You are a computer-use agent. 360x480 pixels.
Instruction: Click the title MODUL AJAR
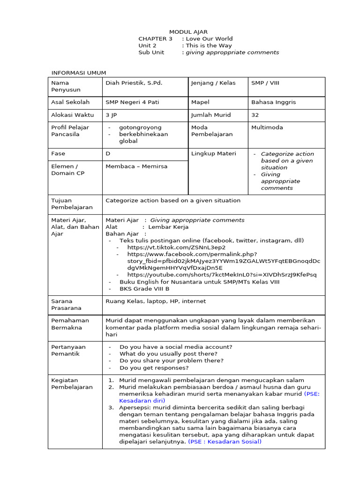[188, 32]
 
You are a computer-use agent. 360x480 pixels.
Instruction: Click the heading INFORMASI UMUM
[78, 73]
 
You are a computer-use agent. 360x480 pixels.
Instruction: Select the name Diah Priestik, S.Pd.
[134, 83]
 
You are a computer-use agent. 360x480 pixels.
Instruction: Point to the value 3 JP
[111, 115]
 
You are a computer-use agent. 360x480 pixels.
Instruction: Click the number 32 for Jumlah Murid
[255, 115]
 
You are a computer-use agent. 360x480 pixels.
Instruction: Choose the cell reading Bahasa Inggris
[273, 102]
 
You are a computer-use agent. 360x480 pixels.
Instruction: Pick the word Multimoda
[267, 127]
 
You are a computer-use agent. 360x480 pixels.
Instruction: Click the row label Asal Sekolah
[70, 102]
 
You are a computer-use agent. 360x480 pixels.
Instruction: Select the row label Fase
[58, 154]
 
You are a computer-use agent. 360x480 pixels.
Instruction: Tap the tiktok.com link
[176, 247]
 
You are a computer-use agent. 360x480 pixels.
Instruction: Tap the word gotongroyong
[140, 127]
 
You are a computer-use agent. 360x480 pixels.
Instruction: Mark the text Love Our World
[209, 39]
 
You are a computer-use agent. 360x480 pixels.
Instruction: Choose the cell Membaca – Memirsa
[136, 166]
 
